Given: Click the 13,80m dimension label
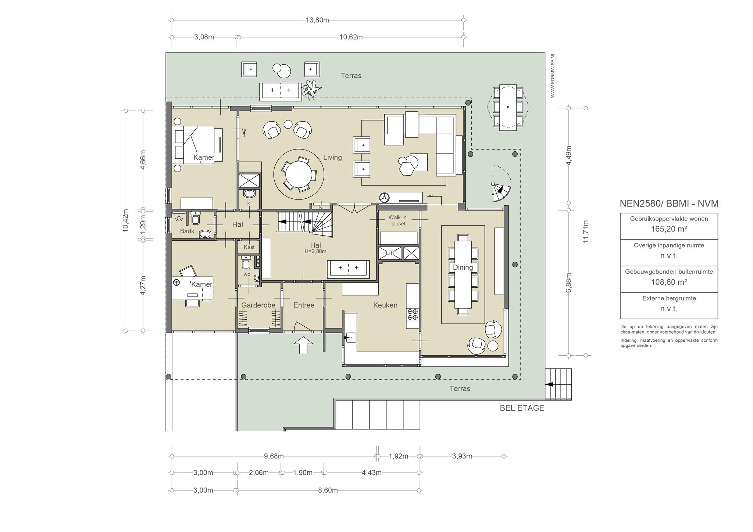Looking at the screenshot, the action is point(317,20).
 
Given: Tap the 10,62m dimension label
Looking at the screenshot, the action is point(351,37).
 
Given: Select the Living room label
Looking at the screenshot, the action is point(332,157).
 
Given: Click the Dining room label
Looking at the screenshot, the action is point(463,267).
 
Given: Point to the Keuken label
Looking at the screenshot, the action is point(385,305).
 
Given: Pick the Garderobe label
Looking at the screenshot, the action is point(258,305).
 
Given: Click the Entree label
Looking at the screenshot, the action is point(304,305).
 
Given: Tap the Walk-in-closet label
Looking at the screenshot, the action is point(399,220).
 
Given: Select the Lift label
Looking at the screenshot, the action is point(390,253).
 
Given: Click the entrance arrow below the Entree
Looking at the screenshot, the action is point(303,345).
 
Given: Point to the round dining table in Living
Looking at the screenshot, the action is point(299,176).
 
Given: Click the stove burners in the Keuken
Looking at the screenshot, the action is point(412,314).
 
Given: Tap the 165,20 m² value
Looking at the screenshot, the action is point(669,229).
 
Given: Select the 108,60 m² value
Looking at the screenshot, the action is point(669,282).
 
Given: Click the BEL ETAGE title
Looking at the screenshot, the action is point(522,408).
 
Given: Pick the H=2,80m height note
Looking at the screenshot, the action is point(315,252).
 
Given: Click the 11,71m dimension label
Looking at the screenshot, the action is point(586,231).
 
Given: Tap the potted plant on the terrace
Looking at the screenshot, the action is point(311,90).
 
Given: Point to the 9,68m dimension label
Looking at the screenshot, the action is point(274,456).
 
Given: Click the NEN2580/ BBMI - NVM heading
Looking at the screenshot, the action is point(669,204).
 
